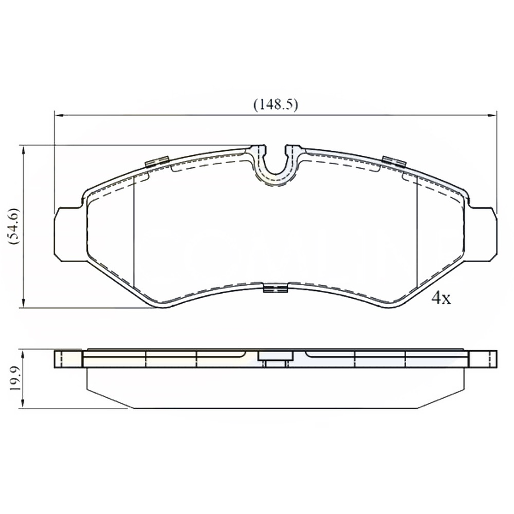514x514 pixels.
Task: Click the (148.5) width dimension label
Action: (x=276, y=105)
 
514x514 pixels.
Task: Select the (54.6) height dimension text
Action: (x=15, y=226)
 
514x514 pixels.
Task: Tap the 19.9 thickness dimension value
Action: (x=15, y=378)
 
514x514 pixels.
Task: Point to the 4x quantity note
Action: (x=441, y=298)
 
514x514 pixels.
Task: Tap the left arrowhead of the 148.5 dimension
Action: (x=58, y=115)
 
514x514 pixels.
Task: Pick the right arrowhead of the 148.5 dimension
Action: (x=493, y=115)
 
